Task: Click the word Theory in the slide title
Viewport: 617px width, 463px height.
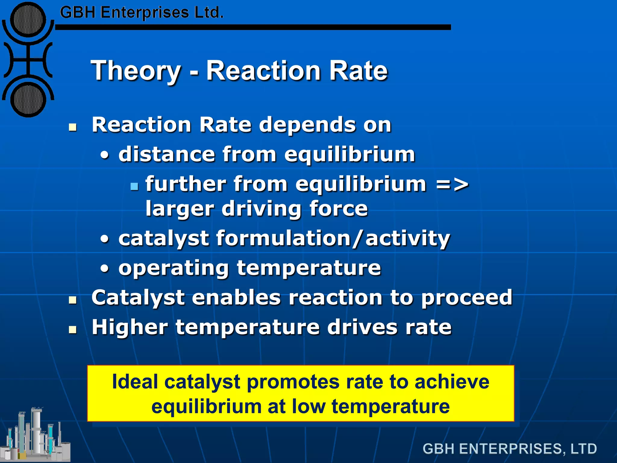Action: (136, 71)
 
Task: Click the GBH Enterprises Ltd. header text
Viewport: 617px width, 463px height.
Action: (142, 13)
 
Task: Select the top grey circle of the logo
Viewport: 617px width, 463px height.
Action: (28, 20)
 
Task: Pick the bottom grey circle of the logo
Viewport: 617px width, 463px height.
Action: (28, 99)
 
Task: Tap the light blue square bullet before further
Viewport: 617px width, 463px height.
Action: (134, 187)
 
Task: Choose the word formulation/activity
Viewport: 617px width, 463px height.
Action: (333, 238)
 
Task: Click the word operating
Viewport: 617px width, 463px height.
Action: (174, 268)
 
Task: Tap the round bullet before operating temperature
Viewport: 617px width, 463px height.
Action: (104, 268)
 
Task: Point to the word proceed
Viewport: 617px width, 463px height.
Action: (467, 298)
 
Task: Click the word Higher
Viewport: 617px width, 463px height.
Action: (130, 327)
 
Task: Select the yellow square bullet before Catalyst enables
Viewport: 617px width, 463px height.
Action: (73, 300)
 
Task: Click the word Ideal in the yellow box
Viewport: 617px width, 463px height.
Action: (135, 382)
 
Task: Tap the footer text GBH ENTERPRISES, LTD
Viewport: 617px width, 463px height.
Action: (509, 449)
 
